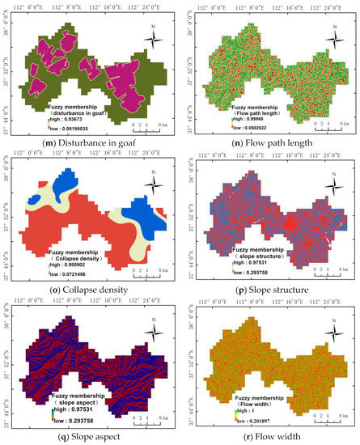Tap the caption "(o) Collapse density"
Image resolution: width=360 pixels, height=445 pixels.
click(90, 287)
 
